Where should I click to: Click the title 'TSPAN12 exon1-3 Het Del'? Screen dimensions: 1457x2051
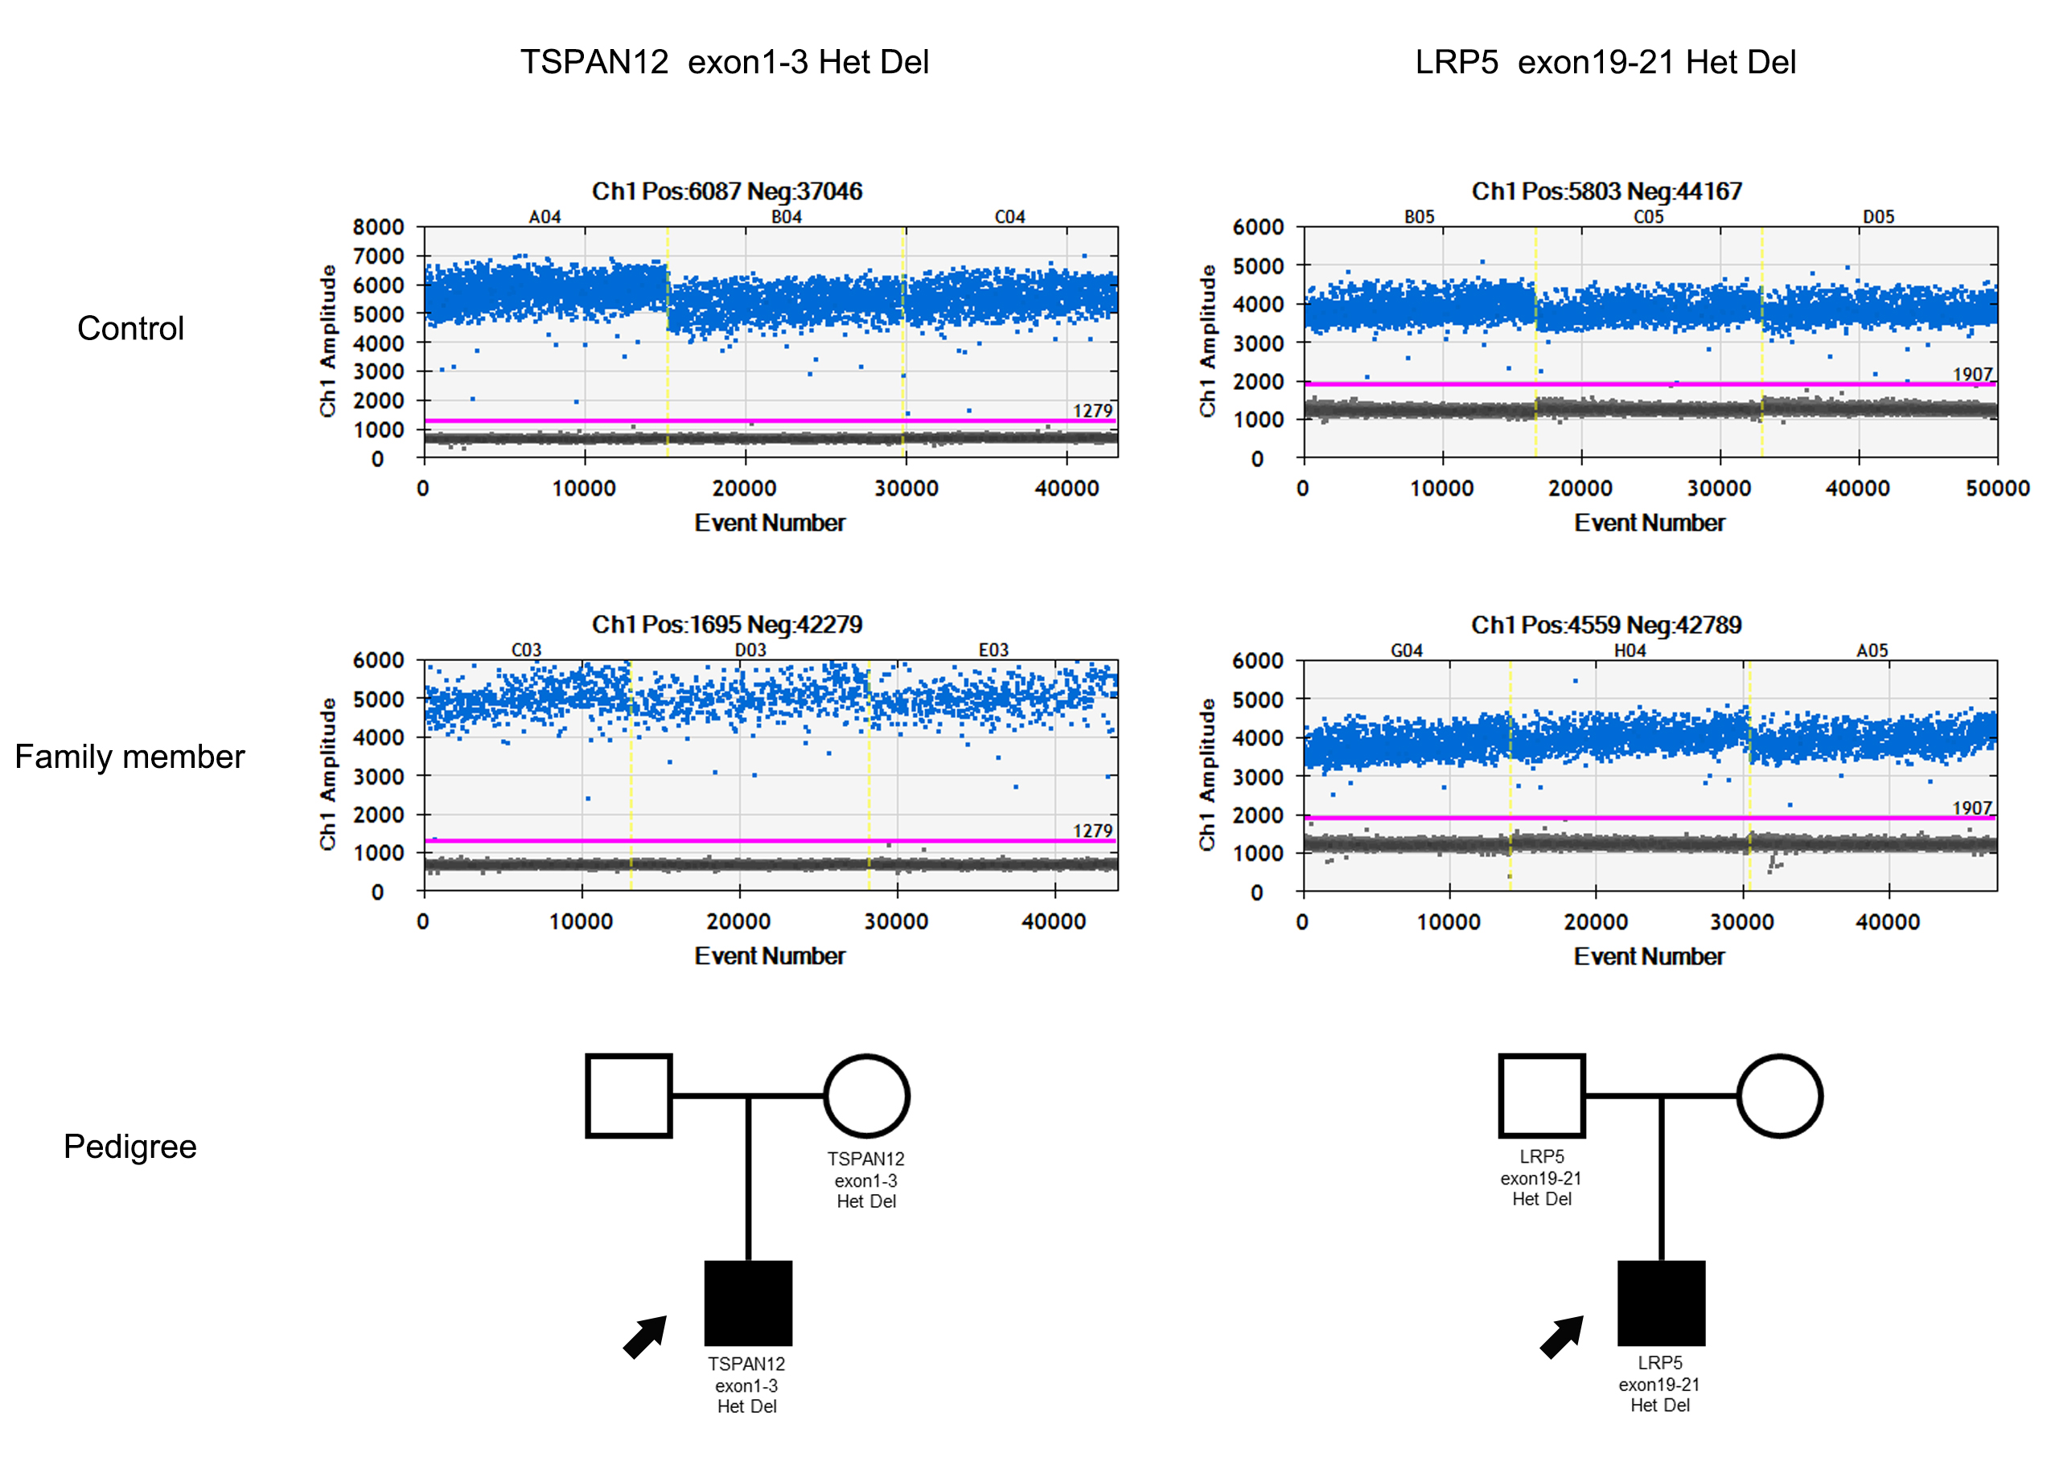(724, 62)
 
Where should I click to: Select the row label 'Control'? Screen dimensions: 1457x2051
(130, 328)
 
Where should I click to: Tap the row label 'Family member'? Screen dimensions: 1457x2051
(129, 757)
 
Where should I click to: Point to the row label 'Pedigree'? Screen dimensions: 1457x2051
(129, 1146)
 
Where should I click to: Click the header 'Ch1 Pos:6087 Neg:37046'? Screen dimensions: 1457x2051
(727, 191)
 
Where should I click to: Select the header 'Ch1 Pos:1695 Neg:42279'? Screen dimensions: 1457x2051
(727, 625)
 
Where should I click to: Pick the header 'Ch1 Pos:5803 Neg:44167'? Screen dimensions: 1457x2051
(1606, 191)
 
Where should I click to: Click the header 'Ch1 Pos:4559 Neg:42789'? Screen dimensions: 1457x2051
(1606, 625)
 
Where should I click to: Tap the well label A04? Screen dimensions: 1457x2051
(545, 217)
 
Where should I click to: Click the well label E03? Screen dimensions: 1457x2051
(993, 651)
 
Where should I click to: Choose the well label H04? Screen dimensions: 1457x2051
(1630, 651)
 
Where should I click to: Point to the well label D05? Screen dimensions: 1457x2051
(1878, 217)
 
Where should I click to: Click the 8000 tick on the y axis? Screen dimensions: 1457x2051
(378, 227)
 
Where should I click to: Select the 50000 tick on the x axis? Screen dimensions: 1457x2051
(1997, 489)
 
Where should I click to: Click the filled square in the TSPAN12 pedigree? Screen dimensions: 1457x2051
(747, 1303)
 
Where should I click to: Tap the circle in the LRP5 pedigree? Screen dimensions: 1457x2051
(1779, 1095)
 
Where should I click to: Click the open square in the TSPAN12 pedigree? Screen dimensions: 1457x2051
(628, 1095)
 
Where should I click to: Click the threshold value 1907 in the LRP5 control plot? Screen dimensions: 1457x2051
(1972, 374)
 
